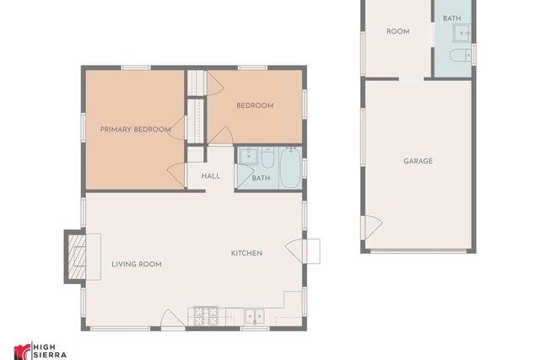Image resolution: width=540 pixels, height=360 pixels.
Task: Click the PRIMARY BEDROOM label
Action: click(x=135, y=129)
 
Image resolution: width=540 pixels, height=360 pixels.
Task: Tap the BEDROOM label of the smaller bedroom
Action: click(x=255, y=105)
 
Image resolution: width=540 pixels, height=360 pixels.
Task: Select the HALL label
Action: click(x=211, y=176)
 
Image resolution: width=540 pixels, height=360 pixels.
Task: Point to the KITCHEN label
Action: click(x=246, y=253)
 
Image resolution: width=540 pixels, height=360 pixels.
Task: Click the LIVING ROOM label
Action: click(x=137, y=265)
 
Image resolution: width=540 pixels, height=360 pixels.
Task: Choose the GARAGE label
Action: click(x=418, y=161)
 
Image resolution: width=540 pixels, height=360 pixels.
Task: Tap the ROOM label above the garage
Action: click(x=398, y=32)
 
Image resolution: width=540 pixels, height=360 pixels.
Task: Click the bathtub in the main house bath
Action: click(x=290, y=167)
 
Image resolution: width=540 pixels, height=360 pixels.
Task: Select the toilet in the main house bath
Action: click(x=267, y=158)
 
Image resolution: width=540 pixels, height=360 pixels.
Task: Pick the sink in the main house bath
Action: click(x=249, y=156)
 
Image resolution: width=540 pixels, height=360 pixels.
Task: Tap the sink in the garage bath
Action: click(x=462, y=34)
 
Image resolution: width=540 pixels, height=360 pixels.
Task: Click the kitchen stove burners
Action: click(x=206, y=316)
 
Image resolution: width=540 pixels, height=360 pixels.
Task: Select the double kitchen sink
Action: click(x=255, y=317)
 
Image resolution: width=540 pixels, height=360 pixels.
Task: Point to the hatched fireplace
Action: click(x=77, y=257)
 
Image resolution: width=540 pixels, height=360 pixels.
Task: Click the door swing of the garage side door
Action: click(x=373, y=227)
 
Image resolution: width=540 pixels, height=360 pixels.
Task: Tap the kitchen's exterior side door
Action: click(x=294, y=251)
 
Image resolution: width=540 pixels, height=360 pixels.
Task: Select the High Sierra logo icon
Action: click(x=22, y=352)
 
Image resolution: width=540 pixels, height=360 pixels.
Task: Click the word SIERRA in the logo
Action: click(x=50, y=355)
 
